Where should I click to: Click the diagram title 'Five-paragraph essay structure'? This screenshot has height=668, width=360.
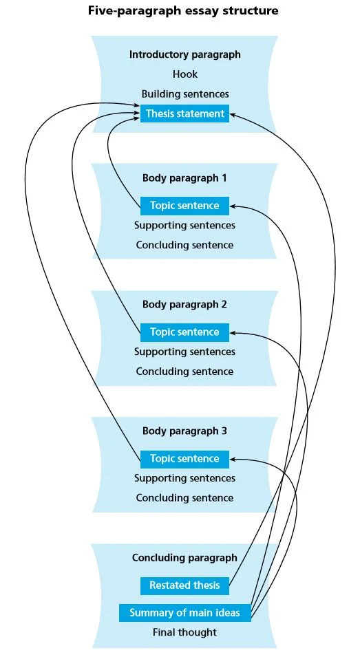183,10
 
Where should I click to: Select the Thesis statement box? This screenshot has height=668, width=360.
184,114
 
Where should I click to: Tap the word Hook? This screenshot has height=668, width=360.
185,74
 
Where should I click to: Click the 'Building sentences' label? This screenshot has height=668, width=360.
185,94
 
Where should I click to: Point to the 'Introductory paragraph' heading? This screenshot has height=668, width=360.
185,54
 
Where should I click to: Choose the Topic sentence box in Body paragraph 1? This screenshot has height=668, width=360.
184,206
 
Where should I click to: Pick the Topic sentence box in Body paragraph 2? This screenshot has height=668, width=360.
184,332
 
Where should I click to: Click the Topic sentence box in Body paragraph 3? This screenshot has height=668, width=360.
184,459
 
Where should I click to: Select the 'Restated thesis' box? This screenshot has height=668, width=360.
184,585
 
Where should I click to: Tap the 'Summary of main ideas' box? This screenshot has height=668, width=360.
184,613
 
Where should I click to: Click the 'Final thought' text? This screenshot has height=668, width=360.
184,633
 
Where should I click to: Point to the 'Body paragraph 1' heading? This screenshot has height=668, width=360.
184,178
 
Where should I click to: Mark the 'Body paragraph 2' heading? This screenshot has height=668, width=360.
184,305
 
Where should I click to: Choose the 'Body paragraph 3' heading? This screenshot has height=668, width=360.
184,431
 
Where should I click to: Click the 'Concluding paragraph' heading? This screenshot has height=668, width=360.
184,558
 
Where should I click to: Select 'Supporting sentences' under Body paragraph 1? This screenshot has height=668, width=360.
184,226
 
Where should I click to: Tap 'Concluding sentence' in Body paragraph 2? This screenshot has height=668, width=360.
184,371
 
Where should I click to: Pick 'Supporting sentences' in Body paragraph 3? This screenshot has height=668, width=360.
184,478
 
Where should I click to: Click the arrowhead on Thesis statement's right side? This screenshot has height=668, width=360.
233,114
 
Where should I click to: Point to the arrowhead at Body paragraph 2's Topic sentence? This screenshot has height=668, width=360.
233,333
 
